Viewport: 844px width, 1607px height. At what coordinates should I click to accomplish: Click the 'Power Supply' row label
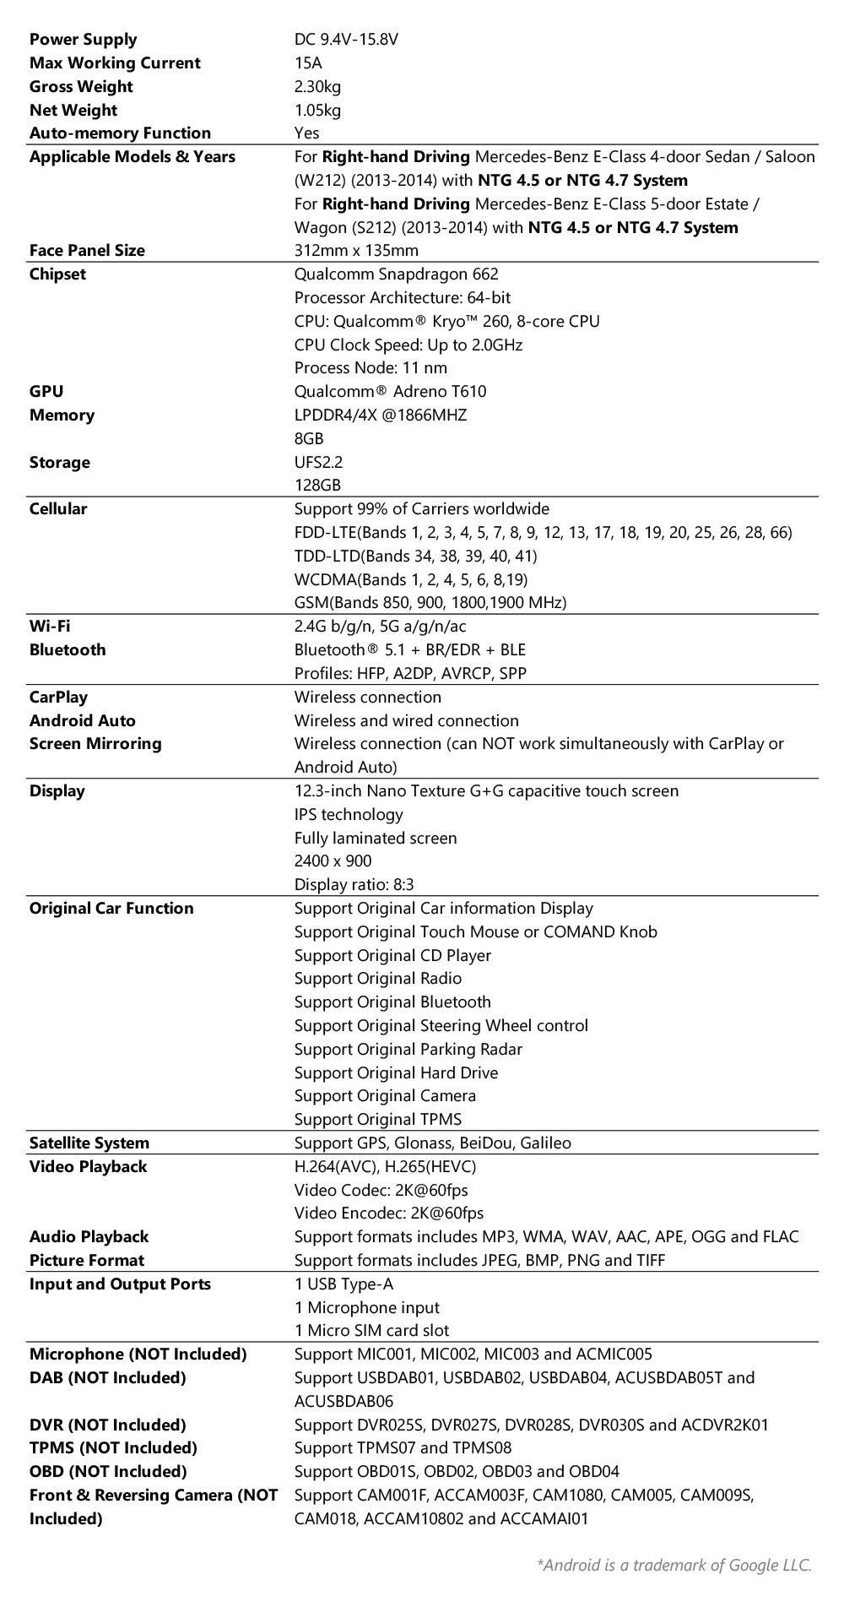pos(83,40)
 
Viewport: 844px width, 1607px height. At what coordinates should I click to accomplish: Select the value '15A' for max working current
pos(308,63)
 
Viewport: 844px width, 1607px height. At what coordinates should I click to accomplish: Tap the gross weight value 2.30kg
pos(317,86)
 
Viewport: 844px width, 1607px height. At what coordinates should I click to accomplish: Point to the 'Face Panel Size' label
pos(87,251)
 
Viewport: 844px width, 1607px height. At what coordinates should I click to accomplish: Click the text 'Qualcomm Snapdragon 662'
pos(396,274)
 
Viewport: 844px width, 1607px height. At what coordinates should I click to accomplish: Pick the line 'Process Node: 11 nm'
pos(371,368)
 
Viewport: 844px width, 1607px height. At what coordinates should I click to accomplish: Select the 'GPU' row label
pos(46,392)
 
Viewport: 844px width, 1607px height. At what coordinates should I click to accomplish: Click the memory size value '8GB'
pos(309,439)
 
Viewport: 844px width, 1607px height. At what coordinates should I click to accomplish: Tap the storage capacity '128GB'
pos(317,486)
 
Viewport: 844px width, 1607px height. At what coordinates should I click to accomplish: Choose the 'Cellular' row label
pos(58,509)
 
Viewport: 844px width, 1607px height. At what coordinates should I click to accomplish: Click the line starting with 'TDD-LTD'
pos(415,556)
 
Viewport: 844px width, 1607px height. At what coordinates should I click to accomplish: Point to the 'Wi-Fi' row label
pos(50,627)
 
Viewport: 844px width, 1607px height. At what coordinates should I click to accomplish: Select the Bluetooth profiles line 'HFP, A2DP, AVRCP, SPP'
pos(410,674)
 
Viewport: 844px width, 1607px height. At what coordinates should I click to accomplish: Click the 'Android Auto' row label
pos(82,721)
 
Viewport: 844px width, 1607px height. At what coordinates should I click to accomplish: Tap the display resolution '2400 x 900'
pos(333,861)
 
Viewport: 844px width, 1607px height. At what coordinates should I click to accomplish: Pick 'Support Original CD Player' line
pos(392,956)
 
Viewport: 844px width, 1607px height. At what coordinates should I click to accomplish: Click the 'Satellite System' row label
pos(89,1143)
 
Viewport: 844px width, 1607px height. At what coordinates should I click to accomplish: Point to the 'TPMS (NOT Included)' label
pos(113,1448)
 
